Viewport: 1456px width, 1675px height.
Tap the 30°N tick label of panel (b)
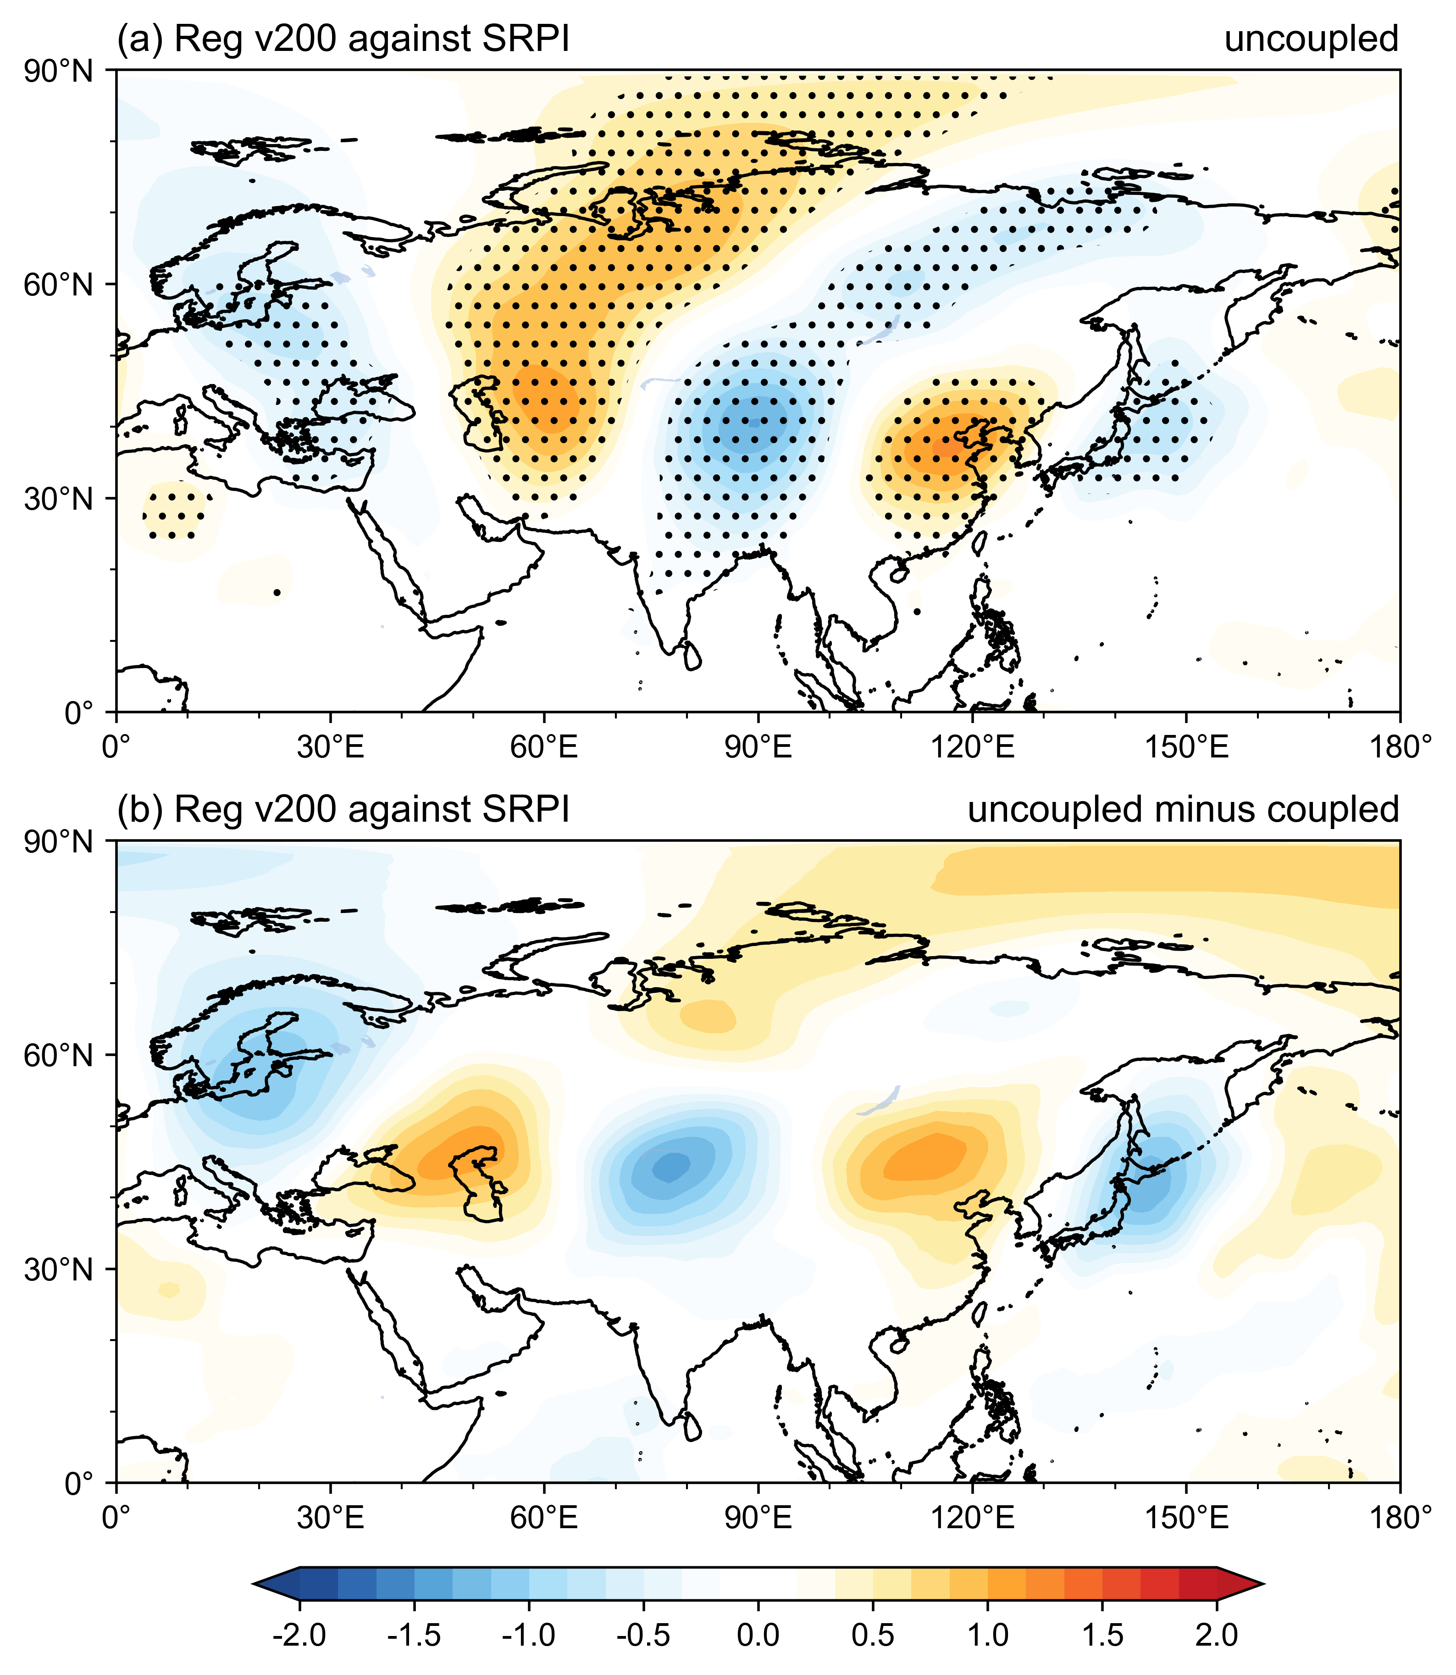[x=59, y=1269]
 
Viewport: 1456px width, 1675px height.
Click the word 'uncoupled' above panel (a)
[x=1312, y=39]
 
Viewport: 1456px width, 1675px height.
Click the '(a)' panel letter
[x=140, y=39]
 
